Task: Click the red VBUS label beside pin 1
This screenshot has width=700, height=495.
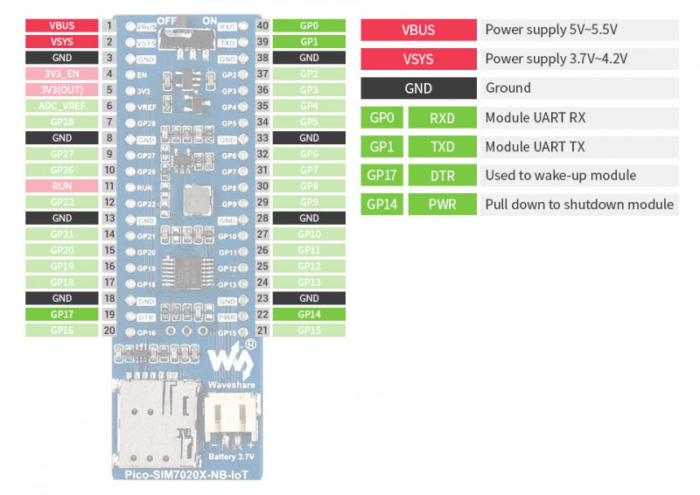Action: (x=61, y=25)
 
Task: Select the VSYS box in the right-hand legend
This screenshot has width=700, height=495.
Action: (x=418, y=59)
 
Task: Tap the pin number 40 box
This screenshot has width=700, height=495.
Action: (x=262, y=25)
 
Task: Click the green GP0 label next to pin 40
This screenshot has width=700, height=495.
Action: (x=309, y=25)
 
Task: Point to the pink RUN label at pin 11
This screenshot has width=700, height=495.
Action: (x=61, y=186)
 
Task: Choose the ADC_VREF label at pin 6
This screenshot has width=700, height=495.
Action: (x=61, y=106)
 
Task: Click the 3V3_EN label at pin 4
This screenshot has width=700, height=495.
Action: (x=61, y=73)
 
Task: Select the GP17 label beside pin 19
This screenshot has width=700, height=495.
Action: (x=61, y=314)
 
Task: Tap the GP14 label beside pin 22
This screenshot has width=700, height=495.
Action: (x=309, y=314)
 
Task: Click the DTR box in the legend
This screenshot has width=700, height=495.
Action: (x=442, y=175)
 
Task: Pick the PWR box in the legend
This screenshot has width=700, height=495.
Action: (x=442, y=205)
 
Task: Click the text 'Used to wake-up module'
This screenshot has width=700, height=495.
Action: (x=560, y=175)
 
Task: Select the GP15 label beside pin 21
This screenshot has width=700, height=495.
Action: (x=309, y=331)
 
